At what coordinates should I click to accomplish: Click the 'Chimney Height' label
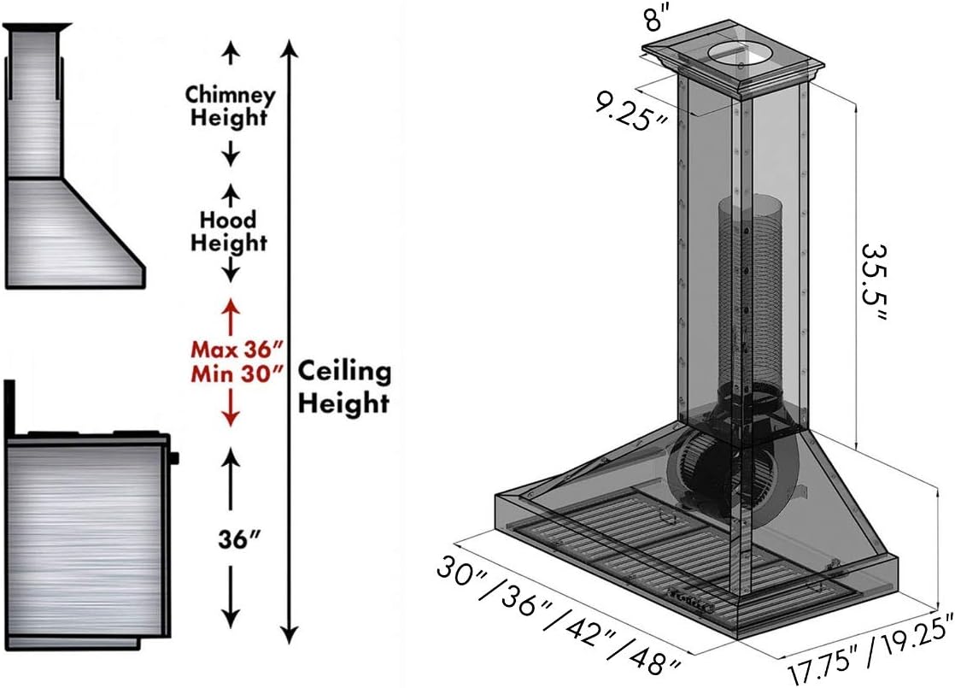pyautogui.click(x=230, y=105)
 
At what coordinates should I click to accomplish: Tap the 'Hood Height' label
pyautogui.click(x=229, y=232)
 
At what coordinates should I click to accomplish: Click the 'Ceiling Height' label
pyautogui.click(x=343, y=386)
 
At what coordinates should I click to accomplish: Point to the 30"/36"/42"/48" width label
pyautogui.click(x=560, y=612)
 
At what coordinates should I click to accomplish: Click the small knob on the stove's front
pyautogui.click(x=175, y=458)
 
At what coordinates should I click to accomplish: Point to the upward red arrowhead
pyautogui.click(x=229, y=307)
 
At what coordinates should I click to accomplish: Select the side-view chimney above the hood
pyautogui.click(x=34, y=103)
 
